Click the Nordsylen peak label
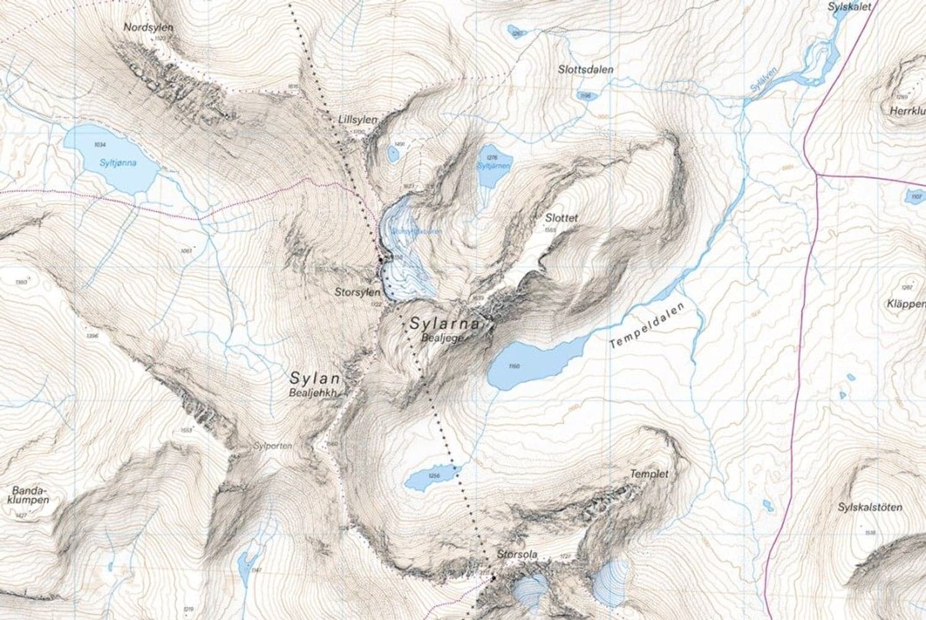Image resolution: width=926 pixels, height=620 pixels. [x=148, y=28]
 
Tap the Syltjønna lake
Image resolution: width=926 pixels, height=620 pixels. [x=112, y=160]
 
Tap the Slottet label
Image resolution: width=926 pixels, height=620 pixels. [x=561, y=218]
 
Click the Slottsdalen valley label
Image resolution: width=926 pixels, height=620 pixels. [x=585, y=69]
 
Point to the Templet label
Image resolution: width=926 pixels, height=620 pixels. [x=649, y=474]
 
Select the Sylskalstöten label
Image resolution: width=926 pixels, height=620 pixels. [x=870, y=507]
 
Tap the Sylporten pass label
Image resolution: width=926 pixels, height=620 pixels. [x=272, y=446]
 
